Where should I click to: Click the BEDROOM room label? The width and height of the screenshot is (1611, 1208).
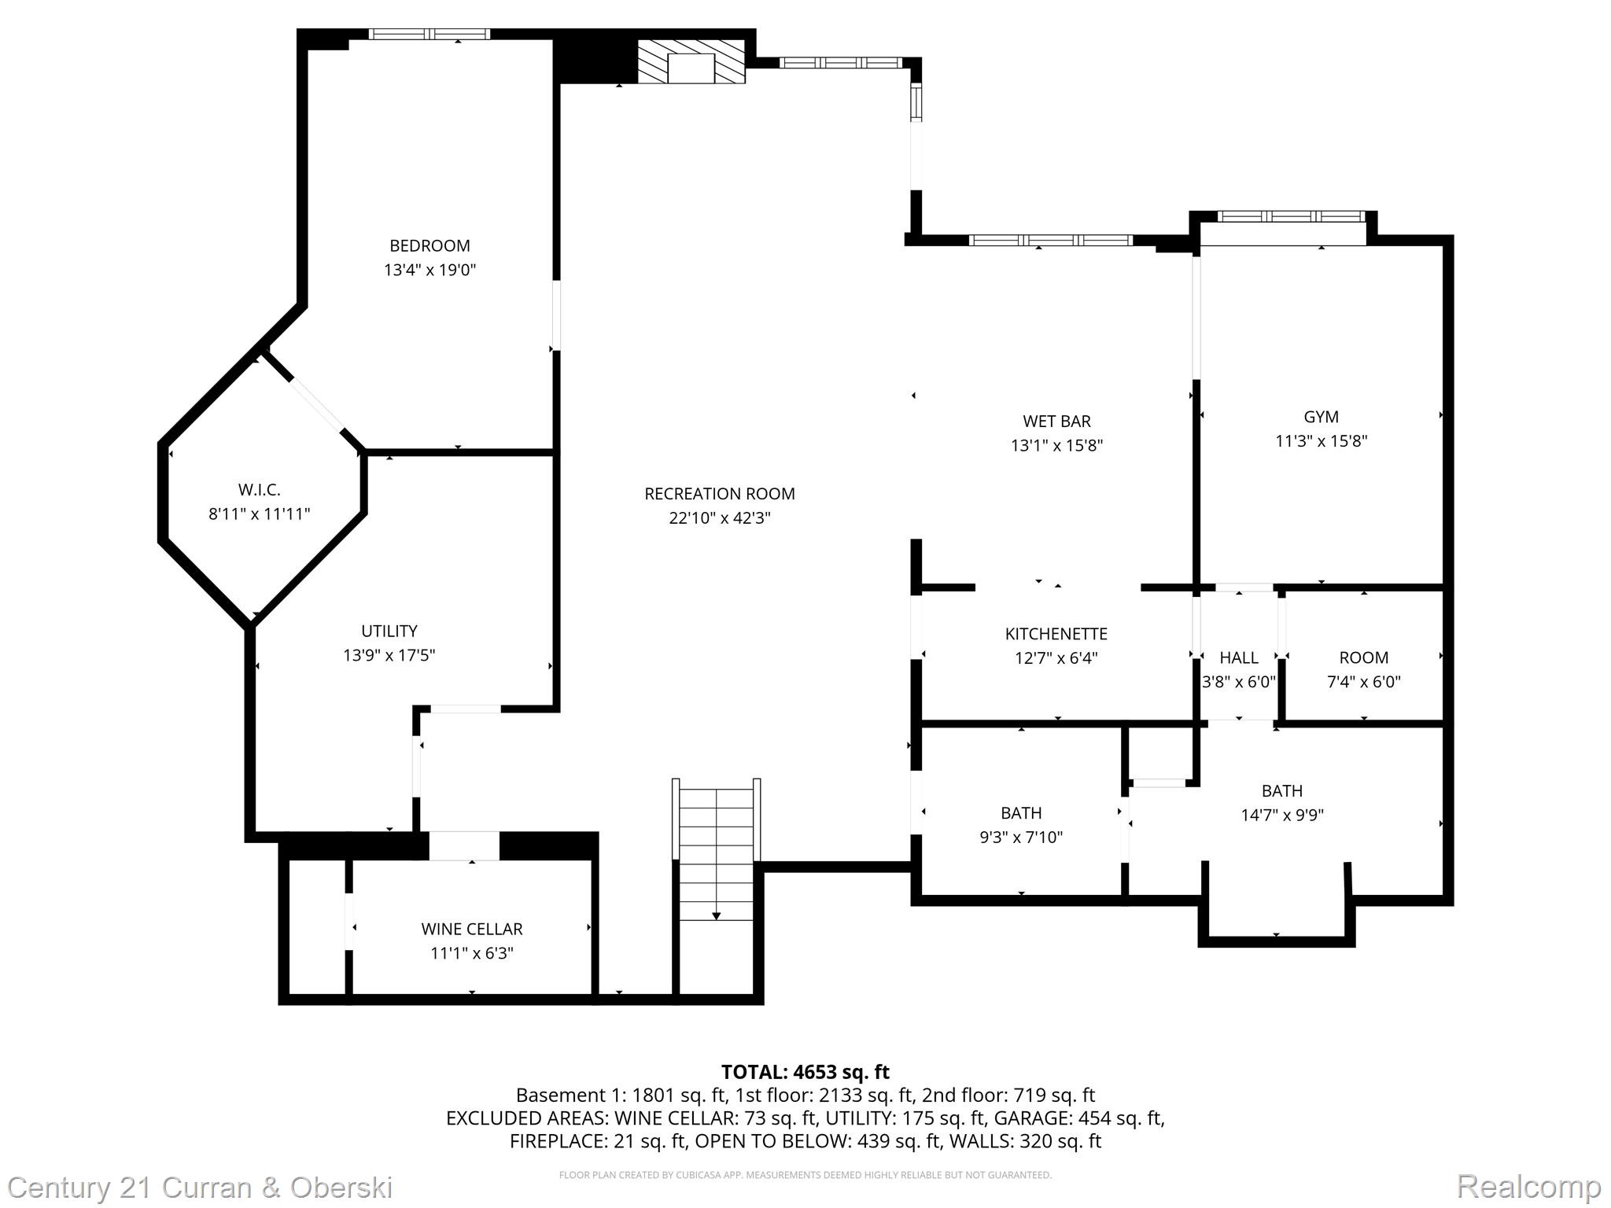tap(429, 245)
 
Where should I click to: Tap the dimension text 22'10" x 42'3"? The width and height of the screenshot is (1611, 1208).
tap(719, 517)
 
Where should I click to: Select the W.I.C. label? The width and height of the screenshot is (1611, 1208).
tap(259, 490)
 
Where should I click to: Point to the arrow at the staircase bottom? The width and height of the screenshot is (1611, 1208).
tap(716, 915)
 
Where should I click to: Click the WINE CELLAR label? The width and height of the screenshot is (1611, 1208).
tap(471, 929)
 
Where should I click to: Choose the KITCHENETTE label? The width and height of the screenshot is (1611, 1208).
tap(1056, 634)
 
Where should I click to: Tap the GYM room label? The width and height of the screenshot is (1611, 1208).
tap(1321, 417)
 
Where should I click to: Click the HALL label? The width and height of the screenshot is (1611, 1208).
tap(1238, 657)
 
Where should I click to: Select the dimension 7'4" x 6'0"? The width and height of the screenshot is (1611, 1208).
tap(1363, 682)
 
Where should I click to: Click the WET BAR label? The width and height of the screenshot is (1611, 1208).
tap(1056, 421)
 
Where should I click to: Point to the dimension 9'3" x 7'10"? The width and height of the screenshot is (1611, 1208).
tap(1020, 837)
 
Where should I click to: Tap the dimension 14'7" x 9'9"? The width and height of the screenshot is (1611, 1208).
tap(1281, 815)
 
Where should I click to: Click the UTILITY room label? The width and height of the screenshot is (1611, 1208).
tap(389, 631)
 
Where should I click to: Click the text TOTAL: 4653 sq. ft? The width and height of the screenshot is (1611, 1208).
tap(805, 1072)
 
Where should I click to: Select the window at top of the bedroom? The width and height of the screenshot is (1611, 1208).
tap(429, 34)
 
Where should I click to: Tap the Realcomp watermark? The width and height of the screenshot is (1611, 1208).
tap(1528, 1186)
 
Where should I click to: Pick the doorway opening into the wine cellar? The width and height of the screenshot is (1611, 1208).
tap(463, 845)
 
